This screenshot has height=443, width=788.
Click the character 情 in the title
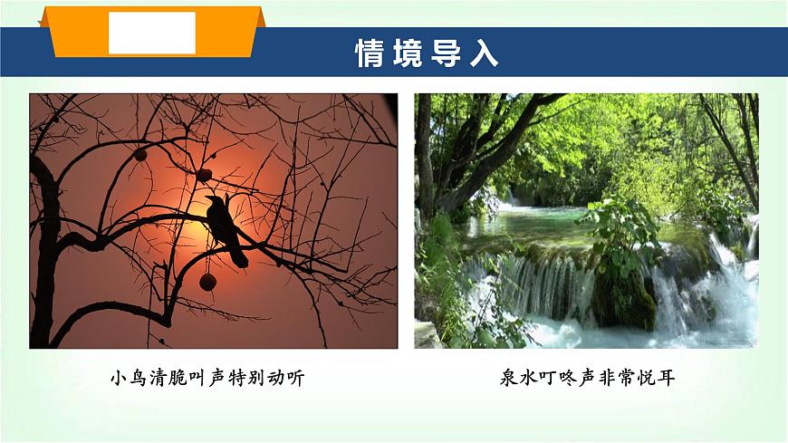point(370,53)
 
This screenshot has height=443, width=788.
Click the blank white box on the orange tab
point(152,33)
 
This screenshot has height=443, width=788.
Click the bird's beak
point(206,198)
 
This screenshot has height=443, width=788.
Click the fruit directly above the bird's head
point(205,174)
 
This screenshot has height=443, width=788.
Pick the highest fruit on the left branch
point(140,155)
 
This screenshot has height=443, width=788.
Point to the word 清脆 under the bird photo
point(166,378)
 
